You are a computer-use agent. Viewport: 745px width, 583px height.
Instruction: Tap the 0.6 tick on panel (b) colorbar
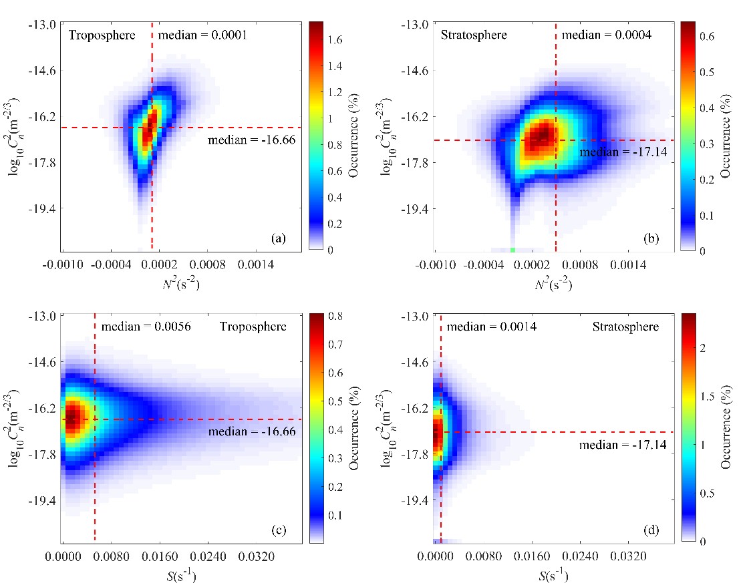pyautogui.click(x=708, y=37)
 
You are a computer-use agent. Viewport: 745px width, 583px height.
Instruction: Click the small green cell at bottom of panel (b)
pyautogui.click(x=512, y=249)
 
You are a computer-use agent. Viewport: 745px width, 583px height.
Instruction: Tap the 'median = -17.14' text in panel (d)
pyautogui.click(x=608, y=445)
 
